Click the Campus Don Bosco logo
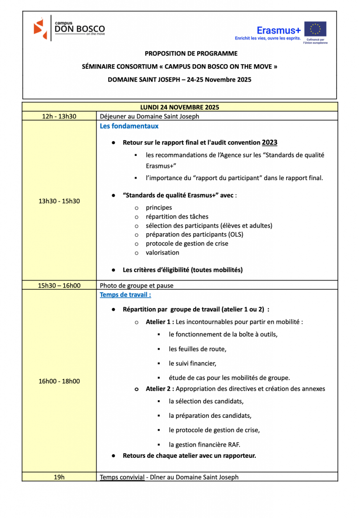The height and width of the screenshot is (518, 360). [69, 28]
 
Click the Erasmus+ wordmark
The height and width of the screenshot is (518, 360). [279, 30]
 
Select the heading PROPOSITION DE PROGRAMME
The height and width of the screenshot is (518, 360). [191, 53]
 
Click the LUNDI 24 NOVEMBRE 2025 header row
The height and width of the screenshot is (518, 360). [179, 107]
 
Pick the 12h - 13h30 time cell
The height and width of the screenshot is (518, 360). [59, 116]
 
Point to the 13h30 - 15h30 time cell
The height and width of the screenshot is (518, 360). [59, 201]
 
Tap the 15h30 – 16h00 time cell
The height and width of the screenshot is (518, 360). [59, 285]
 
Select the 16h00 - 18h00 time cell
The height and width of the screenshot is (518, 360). [59, 381]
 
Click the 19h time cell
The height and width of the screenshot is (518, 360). [59, 477]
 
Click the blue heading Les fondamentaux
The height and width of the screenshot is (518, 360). [129, 126]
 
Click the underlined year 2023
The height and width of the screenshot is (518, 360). [269, 143]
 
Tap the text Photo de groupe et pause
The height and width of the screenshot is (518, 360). [137, 285]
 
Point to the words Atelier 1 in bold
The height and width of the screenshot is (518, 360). [159, 322]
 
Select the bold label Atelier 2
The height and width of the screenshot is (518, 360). [159, 388]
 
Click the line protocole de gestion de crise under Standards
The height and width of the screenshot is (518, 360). [187, 243]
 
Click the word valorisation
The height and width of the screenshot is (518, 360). [162, 252]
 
